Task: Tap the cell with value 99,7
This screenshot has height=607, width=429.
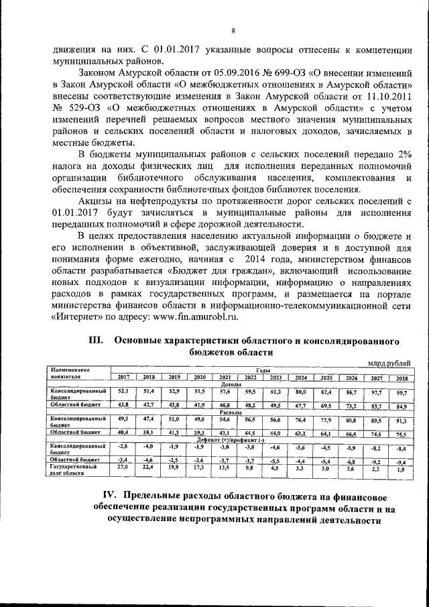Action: (402, 392)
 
